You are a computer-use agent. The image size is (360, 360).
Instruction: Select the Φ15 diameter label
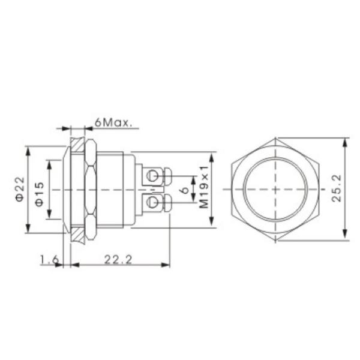[x=39, y=193]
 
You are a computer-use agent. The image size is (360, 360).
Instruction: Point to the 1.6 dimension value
[x=49, y=259]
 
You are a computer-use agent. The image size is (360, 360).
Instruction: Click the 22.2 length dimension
[x=118, y=259]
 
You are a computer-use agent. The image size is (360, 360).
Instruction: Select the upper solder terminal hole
[x=154, y=176]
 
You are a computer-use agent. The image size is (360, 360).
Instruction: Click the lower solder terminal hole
[x=154, y=202]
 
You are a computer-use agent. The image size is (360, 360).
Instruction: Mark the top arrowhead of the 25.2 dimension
[x=345, y=142]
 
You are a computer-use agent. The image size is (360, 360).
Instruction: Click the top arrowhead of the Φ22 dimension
[x=28, y=148]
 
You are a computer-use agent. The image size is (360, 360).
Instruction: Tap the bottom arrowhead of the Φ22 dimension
[x=28, y=230]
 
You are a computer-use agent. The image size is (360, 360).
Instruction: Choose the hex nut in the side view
[x=91, y=190]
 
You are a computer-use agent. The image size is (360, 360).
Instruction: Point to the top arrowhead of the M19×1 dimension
[x=211, y=155]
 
